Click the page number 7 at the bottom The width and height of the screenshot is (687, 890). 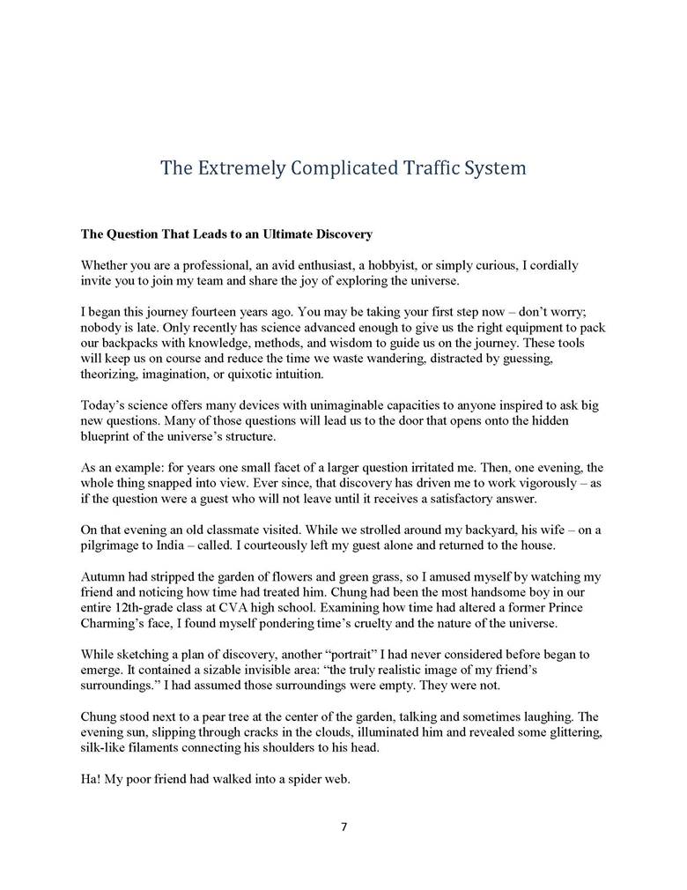[343, 827]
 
